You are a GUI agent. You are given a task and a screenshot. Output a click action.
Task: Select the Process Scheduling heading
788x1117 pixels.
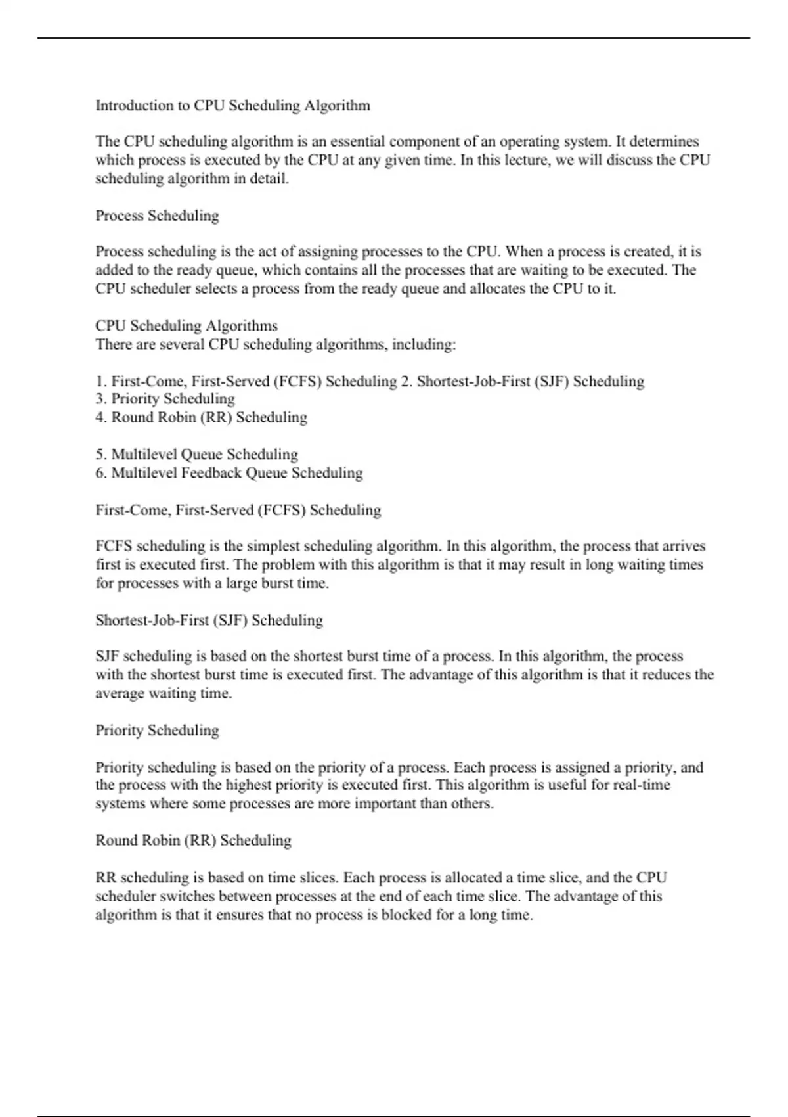(157, 216)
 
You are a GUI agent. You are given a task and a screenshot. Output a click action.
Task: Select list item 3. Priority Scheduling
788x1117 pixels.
(165, 399)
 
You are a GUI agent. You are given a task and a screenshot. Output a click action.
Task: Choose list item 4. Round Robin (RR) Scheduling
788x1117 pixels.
(201, 417)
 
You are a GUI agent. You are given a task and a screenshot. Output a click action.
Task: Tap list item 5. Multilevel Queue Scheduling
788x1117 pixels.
(196, 454)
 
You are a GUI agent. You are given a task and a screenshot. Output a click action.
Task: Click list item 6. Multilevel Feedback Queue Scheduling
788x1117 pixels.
(229, 473)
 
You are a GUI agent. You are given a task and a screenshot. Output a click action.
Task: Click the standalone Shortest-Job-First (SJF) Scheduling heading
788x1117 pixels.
(209, 620)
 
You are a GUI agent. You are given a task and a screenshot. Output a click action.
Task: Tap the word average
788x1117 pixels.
(120, 694)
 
